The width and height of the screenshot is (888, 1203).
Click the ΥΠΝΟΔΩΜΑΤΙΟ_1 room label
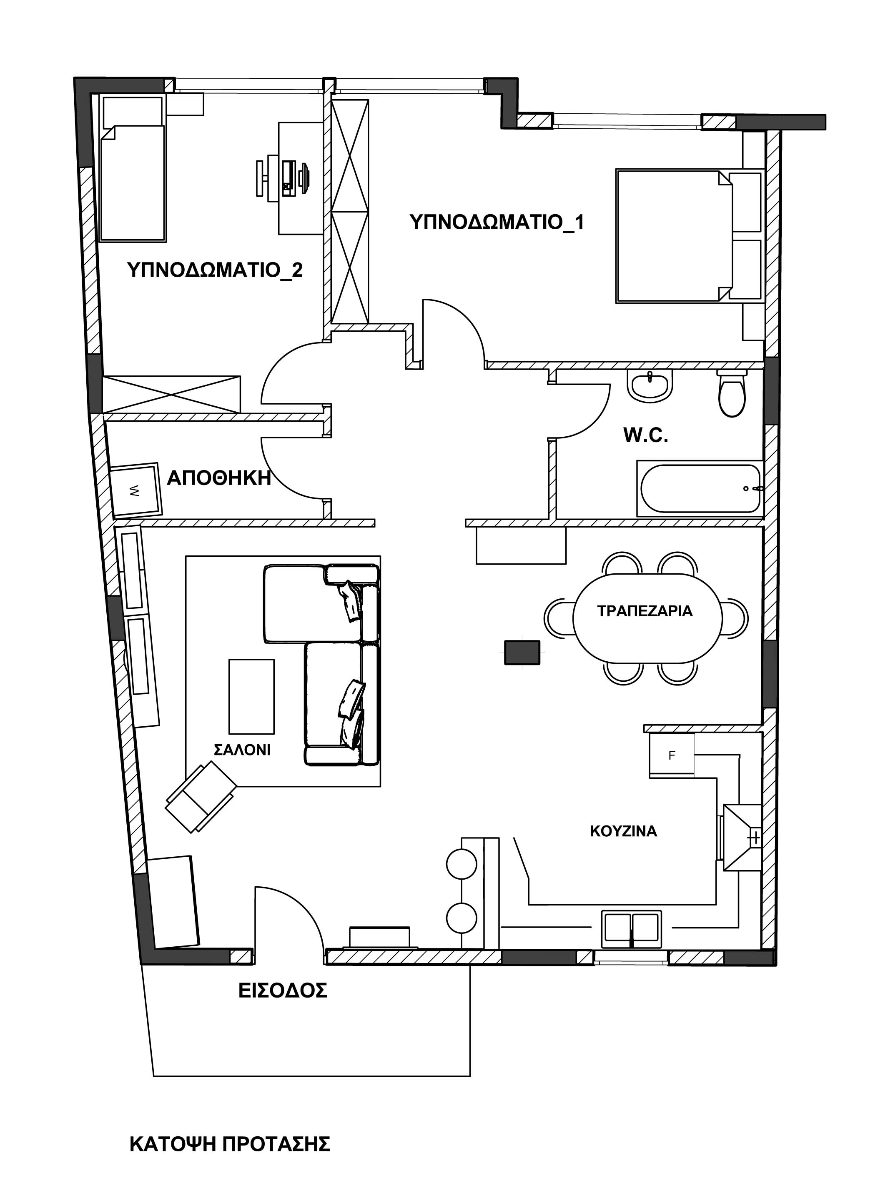click(497, 222)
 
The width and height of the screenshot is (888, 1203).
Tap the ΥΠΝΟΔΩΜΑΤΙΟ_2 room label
click(215, 270)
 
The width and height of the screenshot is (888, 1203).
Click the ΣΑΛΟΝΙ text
click(242, 750)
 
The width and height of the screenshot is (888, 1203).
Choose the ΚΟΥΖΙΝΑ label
click(624, 831)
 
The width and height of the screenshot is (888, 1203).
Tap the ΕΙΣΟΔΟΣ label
click(283, 990)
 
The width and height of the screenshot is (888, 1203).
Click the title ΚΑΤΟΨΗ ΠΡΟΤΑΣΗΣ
click(230, 1144)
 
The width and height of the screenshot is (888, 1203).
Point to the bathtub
click(700, 488)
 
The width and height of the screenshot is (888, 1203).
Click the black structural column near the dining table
click(522, 653)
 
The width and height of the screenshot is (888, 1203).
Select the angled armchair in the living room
click(201, 797)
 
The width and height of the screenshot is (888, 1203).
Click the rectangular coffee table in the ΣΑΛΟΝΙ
click(251, 697)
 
